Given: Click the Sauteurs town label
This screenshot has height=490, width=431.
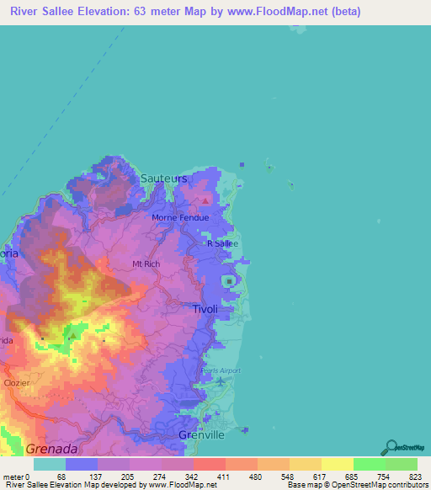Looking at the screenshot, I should click(x=164, y=178).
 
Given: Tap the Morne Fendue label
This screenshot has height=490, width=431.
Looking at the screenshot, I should click(x=179, y=217).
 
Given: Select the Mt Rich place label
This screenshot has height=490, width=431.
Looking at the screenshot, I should click(x=146, y=264).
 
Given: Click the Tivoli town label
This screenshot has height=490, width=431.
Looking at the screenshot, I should click(x=205, y=309).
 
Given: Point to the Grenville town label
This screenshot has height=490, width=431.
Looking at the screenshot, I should click(x=202, y=434).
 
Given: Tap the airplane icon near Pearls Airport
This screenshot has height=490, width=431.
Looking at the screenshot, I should click(x=221, y=383).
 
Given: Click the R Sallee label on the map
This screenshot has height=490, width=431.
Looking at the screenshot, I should click(x=223, y=243).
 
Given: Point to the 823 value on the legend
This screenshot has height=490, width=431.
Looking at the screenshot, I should click(x=407, y=477).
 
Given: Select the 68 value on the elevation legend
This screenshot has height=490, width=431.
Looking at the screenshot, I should click(x=61, y=477).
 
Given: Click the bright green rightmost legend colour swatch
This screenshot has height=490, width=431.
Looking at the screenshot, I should click(x=402, y=464).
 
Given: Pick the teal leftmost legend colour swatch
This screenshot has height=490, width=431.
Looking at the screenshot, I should click(x=50, y=464).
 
